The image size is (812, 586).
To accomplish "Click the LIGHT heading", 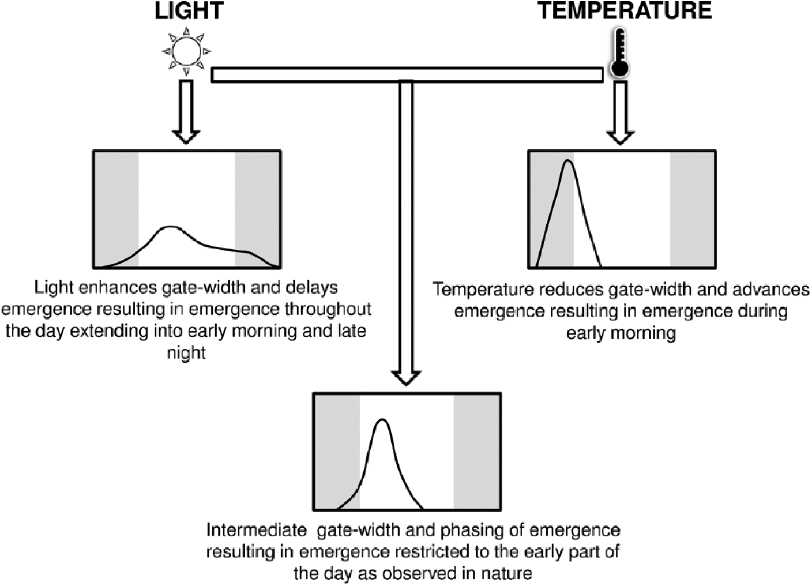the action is [189, 10].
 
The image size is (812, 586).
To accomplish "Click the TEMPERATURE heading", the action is [625, 10].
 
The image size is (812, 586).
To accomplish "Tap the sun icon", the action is [186, 51].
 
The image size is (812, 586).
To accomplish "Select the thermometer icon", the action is [619, 52].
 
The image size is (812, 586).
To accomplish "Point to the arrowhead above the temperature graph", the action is [620, 137].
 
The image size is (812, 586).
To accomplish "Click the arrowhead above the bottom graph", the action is [405, 378].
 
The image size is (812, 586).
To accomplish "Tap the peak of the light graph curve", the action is [170, 227].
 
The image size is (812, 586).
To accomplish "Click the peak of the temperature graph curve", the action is [567, 161].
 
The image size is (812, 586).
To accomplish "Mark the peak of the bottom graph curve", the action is [382, 420].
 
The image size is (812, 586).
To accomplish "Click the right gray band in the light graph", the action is [257, 209].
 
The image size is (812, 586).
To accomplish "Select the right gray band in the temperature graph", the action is [692, 209].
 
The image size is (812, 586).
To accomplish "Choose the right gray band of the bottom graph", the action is [477, 452].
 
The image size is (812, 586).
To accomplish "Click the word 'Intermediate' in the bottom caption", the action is [257, 530].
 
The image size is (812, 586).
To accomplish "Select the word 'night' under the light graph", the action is [186, 352].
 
